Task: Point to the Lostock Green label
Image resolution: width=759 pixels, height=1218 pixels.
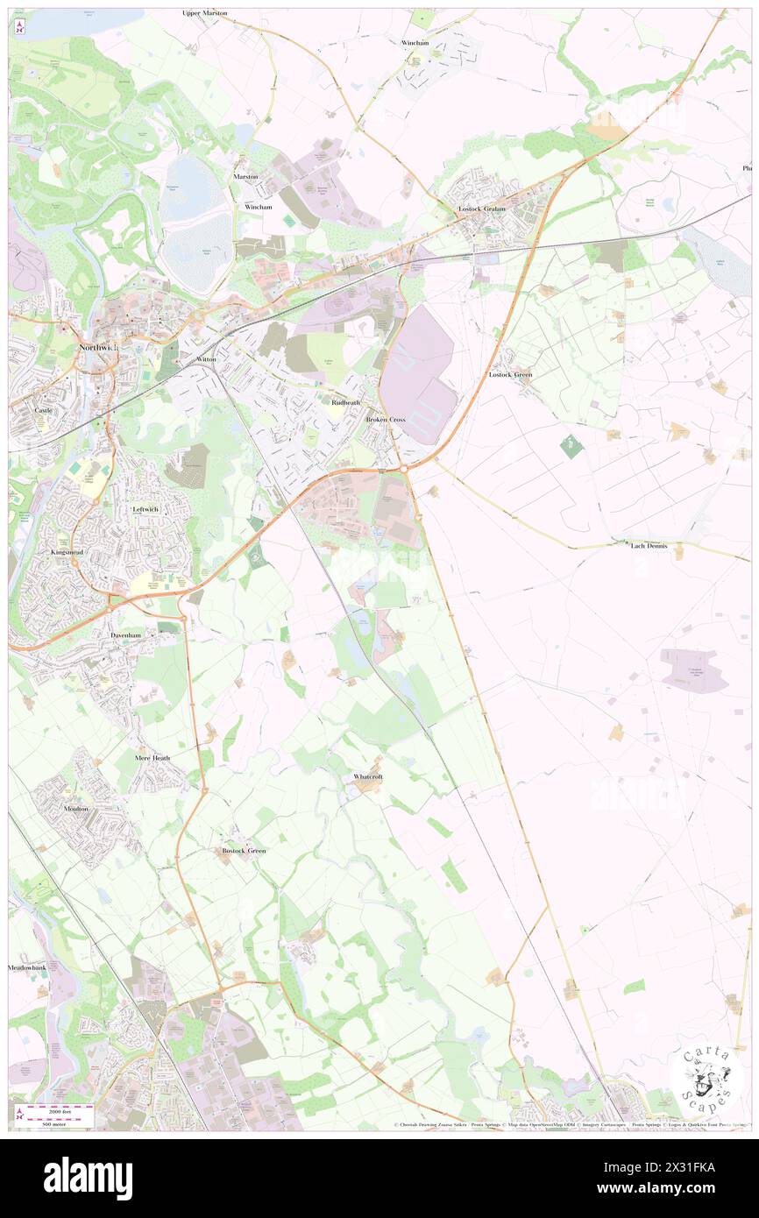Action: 510,374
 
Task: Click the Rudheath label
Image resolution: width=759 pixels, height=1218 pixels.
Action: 346,402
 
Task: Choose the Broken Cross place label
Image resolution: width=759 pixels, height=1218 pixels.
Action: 385,420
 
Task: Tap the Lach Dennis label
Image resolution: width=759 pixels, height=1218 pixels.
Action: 649,546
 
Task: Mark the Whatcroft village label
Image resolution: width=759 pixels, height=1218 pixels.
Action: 368,776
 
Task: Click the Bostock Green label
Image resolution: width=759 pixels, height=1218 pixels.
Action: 244,850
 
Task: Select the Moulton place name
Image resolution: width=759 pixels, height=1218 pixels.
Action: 76,809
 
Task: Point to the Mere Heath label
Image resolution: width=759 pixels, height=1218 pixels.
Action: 153,757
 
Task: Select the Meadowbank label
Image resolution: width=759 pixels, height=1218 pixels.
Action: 26,967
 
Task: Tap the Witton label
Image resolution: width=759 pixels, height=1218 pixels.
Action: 207,359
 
